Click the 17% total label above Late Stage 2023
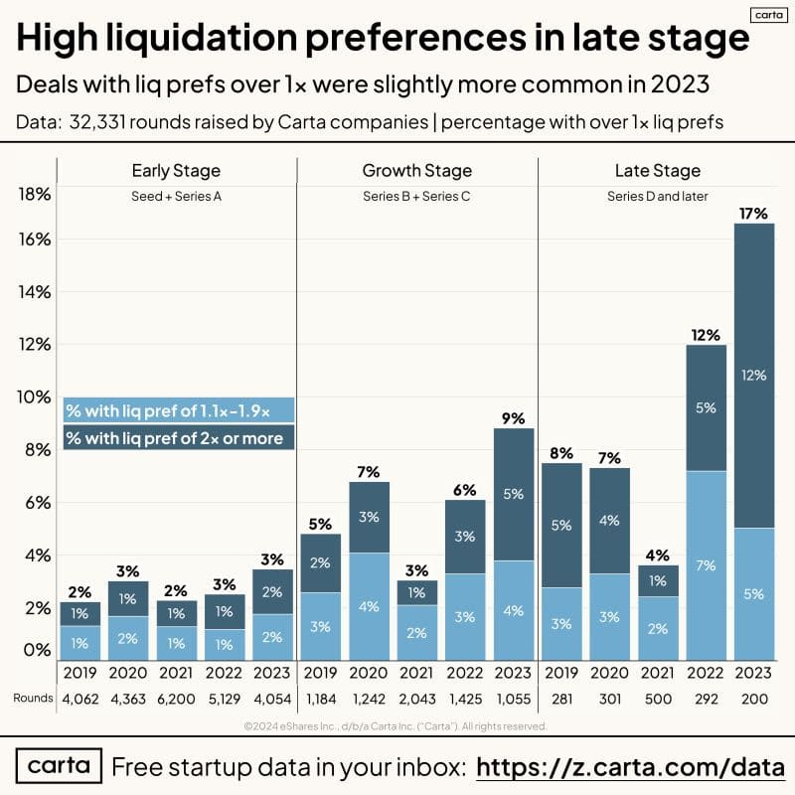[754, 212]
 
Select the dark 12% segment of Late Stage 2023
[754, 376]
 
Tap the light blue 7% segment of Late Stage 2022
[707, 565]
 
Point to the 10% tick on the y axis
[35, 397]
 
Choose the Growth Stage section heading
[417, 171]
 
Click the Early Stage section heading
[176, 171]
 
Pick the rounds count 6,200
[177, 698]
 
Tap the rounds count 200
[754, 698]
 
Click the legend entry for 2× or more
[175, 438]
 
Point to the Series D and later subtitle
[658, 197]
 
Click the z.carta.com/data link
[631, 767]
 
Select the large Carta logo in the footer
[59, 767]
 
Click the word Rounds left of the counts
[33, 698]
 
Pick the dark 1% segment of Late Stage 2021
[658, 581]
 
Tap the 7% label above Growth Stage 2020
[369, 472]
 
